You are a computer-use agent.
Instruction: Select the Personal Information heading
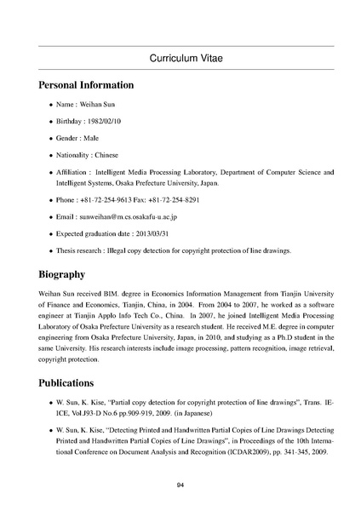coord(86,85)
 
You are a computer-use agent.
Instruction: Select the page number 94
coord(180,485)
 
